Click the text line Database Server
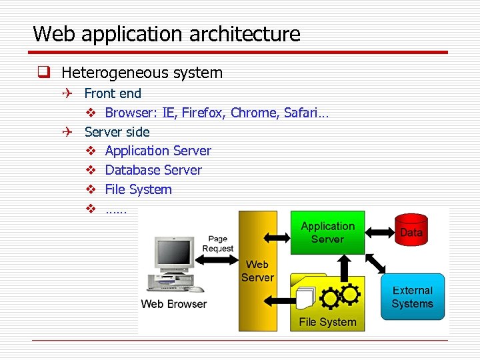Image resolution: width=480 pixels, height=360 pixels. (153, 170)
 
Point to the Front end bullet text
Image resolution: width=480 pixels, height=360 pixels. (113, 93)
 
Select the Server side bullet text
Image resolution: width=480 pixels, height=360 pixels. (117, 132)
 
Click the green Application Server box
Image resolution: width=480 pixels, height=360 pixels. (327, 233)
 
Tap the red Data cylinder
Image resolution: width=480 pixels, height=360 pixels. (411, 231)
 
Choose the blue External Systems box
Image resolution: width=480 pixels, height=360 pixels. (412, 297)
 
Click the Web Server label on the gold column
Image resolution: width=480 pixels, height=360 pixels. (257, 271)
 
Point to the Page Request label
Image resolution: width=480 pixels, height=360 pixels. (217, 244)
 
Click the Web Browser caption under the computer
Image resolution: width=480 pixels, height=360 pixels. (174, 304)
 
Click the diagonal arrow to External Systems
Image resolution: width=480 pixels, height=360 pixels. (375, 264)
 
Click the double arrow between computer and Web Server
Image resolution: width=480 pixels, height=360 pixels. (217, 260)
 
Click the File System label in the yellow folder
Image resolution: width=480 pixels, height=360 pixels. (327, 322)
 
